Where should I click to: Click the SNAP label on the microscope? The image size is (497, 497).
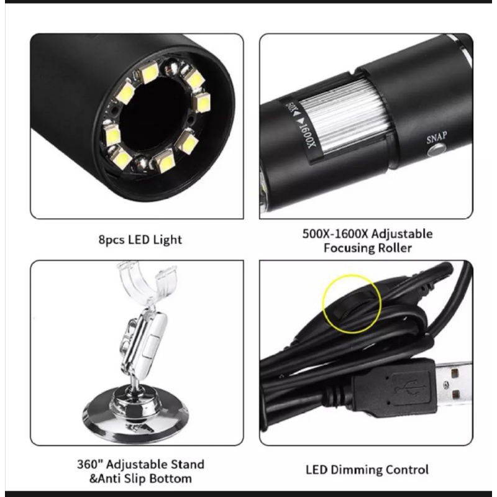437,137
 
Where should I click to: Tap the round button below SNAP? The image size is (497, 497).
437,149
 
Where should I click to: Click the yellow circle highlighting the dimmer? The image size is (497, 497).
352,304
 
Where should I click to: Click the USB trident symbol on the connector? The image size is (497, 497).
411,387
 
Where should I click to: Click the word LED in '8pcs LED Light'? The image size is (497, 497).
139,240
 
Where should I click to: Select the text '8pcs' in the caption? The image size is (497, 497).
112,240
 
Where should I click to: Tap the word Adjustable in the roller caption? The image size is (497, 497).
401,234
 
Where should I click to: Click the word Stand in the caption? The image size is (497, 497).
188,464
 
